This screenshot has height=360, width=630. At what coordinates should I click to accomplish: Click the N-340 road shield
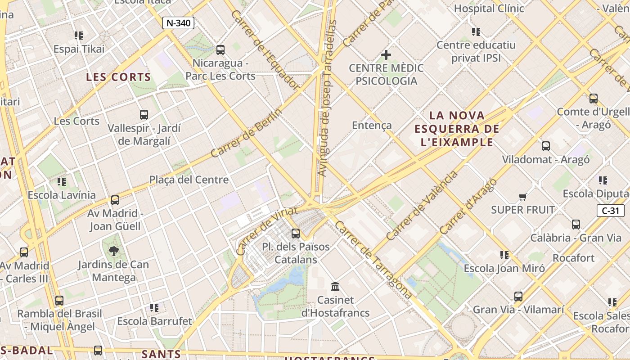(179, 23)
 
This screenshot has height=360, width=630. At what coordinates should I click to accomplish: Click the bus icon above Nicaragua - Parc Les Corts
(220, 49)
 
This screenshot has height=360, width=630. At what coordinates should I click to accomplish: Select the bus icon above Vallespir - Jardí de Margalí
(144, 115)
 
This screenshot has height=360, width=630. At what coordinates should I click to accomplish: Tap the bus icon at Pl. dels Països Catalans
(296, 234)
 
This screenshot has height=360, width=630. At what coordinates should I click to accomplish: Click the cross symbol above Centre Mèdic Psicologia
(386, 55)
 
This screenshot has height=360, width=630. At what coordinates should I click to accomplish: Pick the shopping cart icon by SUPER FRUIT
(523, 196)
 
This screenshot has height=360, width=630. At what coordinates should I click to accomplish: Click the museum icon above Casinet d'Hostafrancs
(335, 286)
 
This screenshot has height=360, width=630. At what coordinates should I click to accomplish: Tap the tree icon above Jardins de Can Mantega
(113, 251)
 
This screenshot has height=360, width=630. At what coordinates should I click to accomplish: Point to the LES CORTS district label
(118, 77)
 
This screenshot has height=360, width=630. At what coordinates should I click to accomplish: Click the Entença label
(372, 125)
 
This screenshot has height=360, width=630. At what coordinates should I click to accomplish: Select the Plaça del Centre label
(189, 180)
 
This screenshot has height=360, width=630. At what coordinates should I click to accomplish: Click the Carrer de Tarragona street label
(373, 260)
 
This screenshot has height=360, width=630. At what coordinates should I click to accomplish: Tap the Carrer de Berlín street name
(246, 133)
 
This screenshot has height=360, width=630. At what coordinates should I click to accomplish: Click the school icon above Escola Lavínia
(62, 181)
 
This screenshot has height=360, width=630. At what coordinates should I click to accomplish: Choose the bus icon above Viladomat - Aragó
(546, 146)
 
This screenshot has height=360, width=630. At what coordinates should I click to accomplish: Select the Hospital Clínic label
(489, 8)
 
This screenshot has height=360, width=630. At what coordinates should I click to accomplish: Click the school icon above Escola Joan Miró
(504, 255)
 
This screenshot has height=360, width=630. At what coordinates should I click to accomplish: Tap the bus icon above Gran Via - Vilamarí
(518, 297)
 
